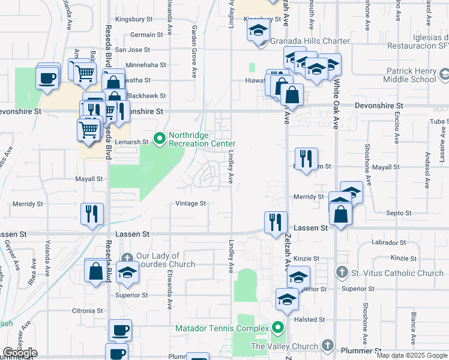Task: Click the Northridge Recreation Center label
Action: [201, 139]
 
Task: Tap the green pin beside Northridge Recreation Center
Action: [160, 139]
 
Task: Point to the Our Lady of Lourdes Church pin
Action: [127, 257]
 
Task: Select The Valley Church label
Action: [285, 346]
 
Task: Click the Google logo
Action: [20, 353]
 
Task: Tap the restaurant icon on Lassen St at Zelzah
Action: [276, 220]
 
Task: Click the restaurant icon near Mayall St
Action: [306, 158]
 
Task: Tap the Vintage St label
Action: [191, 204]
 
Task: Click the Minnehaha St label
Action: [146, 65]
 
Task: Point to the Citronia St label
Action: [88, 311]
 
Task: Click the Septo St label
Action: [399, 213]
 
